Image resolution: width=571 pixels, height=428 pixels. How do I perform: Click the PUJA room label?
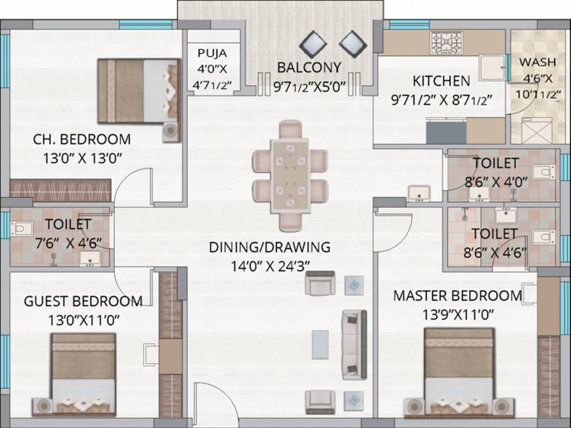pyautogui.click(x=212, y=53)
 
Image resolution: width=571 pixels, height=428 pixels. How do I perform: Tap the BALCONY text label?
pyautogui.click(x=309, y=67)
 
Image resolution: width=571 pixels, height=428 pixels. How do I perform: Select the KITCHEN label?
pyautogui.click(x=441, y=81)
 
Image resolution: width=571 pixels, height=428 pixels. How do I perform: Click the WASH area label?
pyautogui.click(x=538, y=62)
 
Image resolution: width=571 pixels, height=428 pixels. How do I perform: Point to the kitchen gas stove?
pyautogui.click(x=445, y=42)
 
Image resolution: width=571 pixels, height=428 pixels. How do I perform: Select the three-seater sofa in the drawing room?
pyautogui.click(x=354, y=344)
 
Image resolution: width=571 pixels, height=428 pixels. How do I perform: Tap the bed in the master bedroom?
pyautogui.click(x=459, y=371)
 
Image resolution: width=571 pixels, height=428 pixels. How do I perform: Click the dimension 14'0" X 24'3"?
pyautogui.click(x=269, y=266)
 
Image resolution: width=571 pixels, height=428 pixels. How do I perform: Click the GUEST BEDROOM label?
pyautogui.click(x=83, y=301)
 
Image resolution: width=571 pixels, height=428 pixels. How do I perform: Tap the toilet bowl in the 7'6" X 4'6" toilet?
pyautogui.click(x=20, y=228)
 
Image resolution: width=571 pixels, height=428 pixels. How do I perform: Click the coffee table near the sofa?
pyautogui.click(x=320, y=344)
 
